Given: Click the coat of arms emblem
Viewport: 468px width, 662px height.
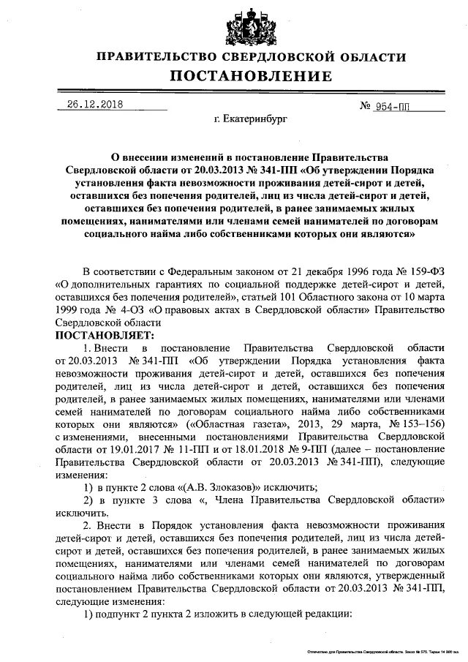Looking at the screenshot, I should (x=252, y=26).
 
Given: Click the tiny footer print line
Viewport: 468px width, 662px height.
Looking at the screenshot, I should (x=377, y=650).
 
